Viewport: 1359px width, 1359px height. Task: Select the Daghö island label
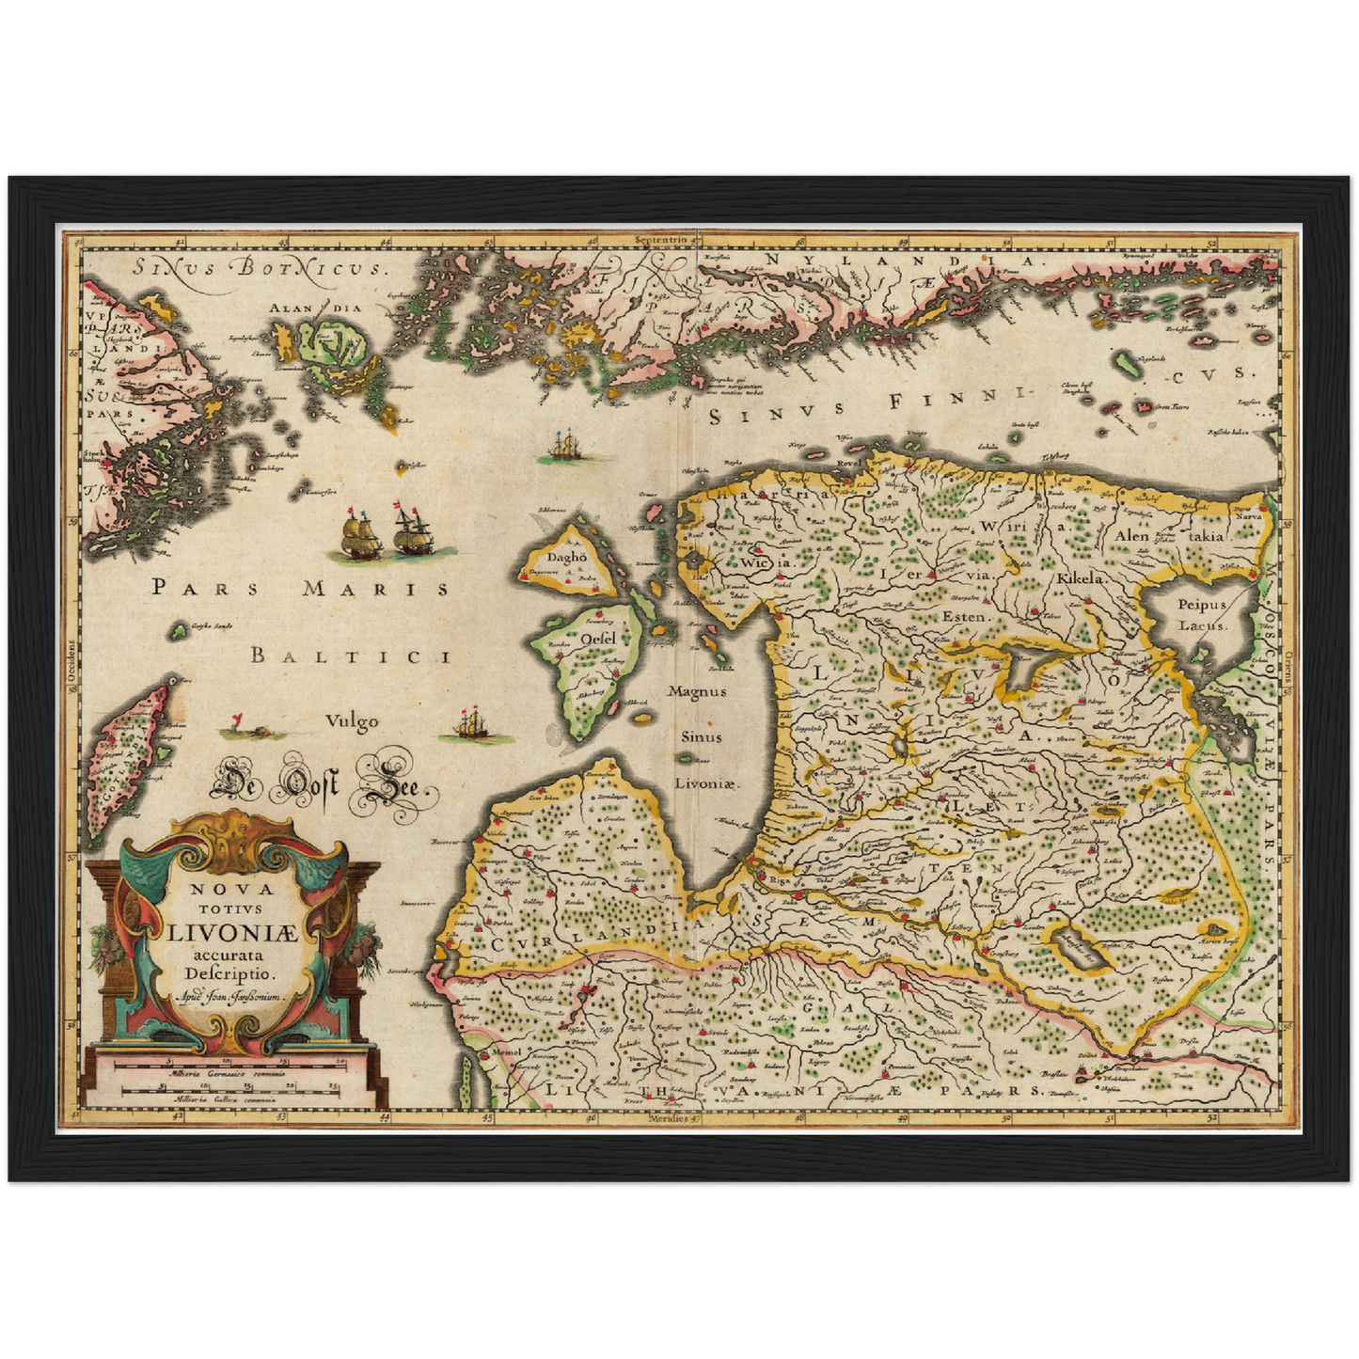coord(567,557)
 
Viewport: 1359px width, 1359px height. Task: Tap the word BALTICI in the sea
coord(350,656)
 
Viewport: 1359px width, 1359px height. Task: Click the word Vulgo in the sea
coord(352,721)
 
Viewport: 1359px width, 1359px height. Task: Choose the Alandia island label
coord(315,308)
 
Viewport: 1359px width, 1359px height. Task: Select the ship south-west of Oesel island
coord(471,725)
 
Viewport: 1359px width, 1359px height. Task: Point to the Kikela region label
coord(1079,578)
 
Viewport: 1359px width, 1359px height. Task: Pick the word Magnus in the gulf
coord(697,691)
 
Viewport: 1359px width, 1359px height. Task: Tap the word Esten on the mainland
coord(964,617)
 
